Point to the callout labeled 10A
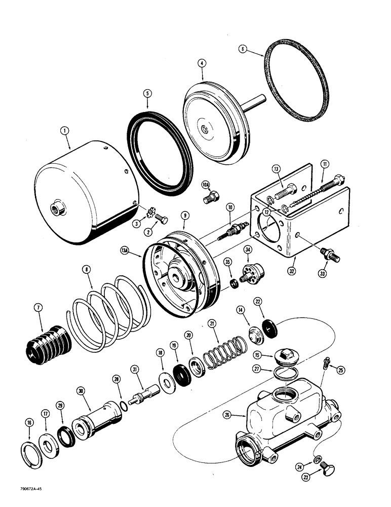pos(205,185)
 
